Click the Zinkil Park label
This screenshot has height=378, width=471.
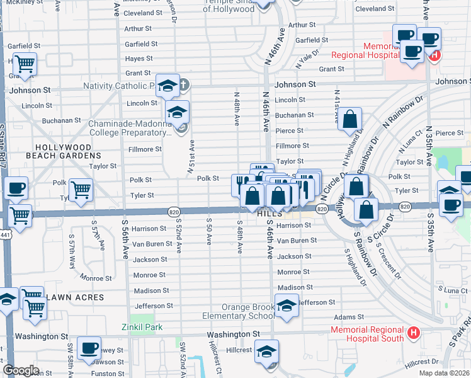(142, 327)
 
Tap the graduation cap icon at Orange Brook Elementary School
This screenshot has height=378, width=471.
(287, 306)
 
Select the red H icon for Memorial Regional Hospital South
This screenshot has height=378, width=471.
(413, 332)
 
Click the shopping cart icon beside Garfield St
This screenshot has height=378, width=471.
(24, 64)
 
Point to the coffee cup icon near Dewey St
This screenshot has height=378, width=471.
(89, 347)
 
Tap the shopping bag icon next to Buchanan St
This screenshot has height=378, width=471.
(350, 118)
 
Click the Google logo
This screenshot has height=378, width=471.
(21, 370)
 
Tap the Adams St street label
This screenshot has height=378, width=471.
(349, 317)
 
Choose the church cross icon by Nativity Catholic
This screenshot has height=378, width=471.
(184, 84)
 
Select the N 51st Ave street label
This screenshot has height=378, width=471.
(190, 157)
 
